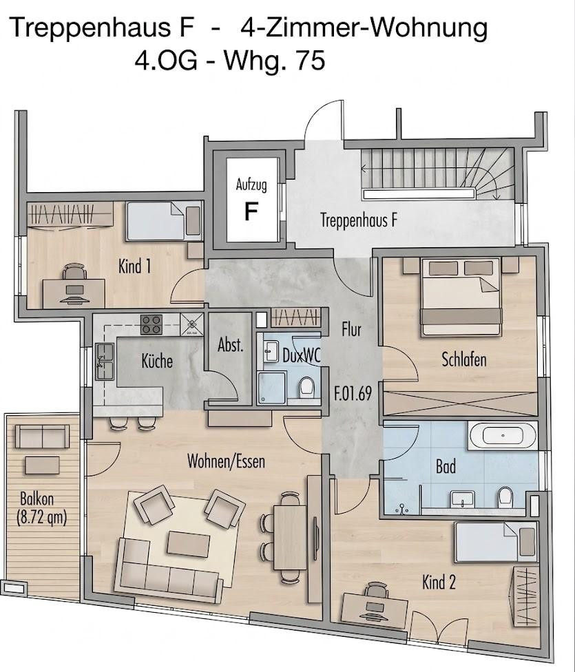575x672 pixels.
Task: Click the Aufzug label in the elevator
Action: (x=251, y=185)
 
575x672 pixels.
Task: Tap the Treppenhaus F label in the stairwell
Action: (x=359, y=220)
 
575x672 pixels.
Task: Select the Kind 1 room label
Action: (x=134, y=266)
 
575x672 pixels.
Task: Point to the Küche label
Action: (x=157, y=361)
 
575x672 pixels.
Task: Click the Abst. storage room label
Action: (x=230, y=344)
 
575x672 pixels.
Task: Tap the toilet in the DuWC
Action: (x=306, y=386)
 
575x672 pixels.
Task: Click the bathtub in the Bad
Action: (x=503, y=435)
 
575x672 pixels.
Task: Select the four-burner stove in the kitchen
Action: (x=151, y=325)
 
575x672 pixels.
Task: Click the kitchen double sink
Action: (x=105, y=361)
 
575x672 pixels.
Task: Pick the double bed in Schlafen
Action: (x=461, y=296)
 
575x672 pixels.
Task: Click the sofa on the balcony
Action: (x=42, y=437)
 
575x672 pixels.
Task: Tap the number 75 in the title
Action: (x=309, y=61)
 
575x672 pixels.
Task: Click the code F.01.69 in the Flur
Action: (x=353, y=393)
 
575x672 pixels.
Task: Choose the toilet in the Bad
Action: (x=505, y=496)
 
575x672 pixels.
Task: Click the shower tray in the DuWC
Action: (x=271, y=388)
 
